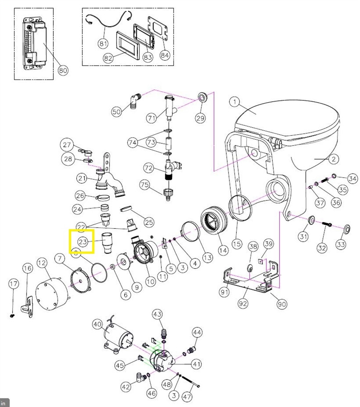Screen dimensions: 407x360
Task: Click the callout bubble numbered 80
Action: point(63,70)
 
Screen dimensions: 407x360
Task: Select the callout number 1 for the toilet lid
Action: point(234,102)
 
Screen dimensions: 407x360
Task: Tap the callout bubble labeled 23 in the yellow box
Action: point(83,241)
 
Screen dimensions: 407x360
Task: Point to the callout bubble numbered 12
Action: point(42,263)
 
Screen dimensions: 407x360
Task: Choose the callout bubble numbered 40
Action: point(98,324)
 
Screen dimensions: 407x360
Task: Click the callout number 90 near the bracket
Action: point(281,304)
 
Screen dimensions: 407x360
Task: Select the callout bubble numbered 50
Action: point(117,112)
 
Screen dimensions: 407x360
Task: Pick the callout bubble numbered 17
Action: point(14,284)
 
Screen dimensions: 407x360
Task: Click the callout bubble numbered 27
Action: point(67,145)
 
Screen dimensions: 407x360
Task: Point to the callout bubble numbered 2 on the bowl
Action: point(333,159)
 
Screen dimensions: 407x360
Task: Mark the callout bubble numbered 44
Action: point(197,332)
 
